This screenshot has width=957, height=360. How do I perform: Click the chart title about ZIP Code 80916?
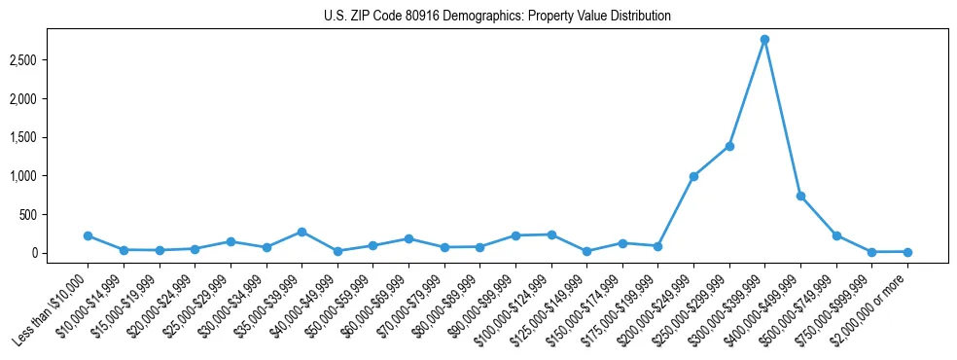tap(497, 17)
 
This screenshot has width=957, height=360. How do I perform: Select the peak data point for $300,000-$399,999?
tap(764, 40)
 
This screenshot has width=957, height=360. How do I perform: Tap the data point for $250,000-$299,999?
tap(729, 146)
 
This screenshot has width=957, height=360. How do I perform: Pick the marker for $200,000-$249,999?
tap(693, 176)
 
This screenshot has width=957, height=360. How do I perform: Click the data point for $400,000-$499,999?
tap(800, 196)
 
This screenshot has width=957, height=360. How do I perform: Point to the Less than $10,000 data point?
tap(88, 235)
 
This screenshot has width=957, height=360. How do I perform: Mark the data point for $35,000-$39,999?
tap(301, 232)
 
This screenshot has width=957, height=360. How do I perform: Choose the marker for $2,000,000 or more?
tap(907, 252)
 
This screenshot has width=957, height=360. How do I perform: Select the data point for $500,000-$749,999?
tap(836, 235)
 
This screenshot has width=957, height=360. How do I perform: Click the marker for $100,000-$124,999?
tap(551, 234)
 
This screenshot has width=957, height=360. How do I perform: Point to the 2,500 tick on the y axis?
tap(46, 60)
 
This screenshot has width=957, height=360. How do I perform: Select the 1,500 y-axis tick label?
tap(46, 137)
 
